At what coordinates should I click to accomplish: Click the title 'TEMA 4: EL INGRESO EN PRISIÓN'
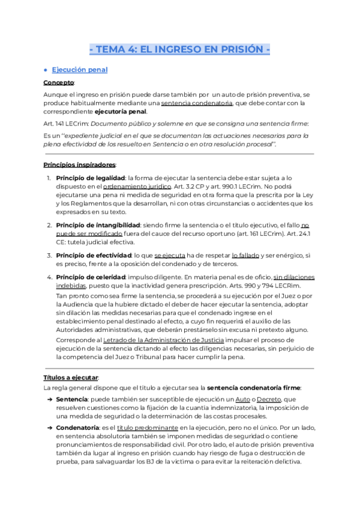coord(179,49)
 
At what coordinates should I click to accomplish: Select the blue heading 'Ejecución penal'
coord(80,70)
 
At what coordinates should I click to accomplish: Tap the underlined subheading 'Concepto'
coord(58,82)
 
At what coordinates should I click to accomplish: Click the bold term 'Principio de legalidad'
coord(90,178)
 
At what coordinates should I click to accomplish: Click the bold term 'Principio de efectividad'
coord(93,255)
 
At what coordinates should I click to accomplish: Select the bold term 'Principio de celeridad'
coord(91,277)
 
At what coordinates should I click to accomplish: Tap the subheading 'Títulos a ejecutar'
coord(70,378)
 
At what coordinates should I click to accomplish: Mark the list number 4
coord(49,277)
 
